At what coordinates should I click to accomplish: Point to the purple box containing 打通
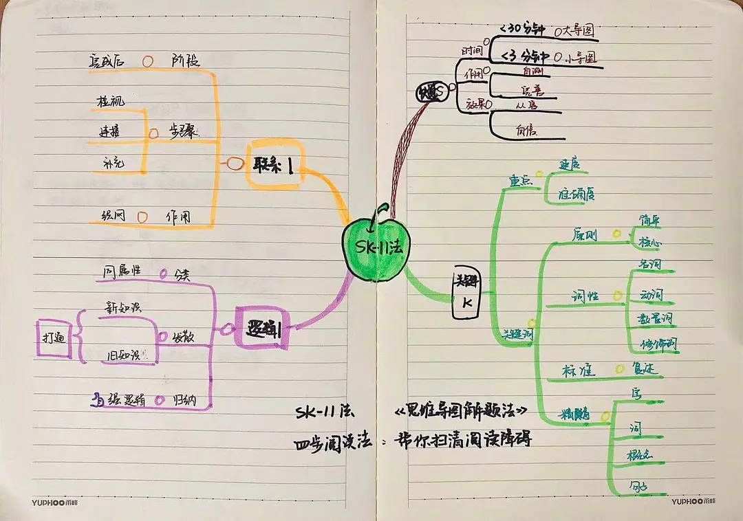54,338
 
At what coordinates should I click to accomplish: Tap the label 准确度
576,194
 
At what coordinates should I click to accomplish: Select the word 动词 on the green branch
652,295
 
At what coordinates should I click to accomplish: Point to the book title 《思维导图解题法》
462,411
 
